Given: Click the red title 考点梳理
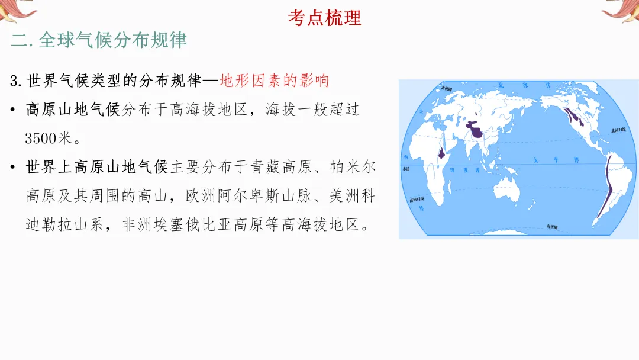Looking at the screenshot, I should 324,17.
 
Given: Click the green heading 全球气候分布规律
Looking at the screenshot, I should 112,40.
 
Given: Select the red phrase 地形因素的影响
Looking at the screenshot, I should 274,81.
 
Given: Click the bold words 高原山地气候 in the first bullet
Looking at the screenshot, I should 73,110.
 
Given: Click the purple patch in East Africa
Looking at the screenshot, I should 441,153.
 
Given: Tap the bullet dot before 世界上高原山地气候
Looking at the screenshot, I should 13,168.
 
